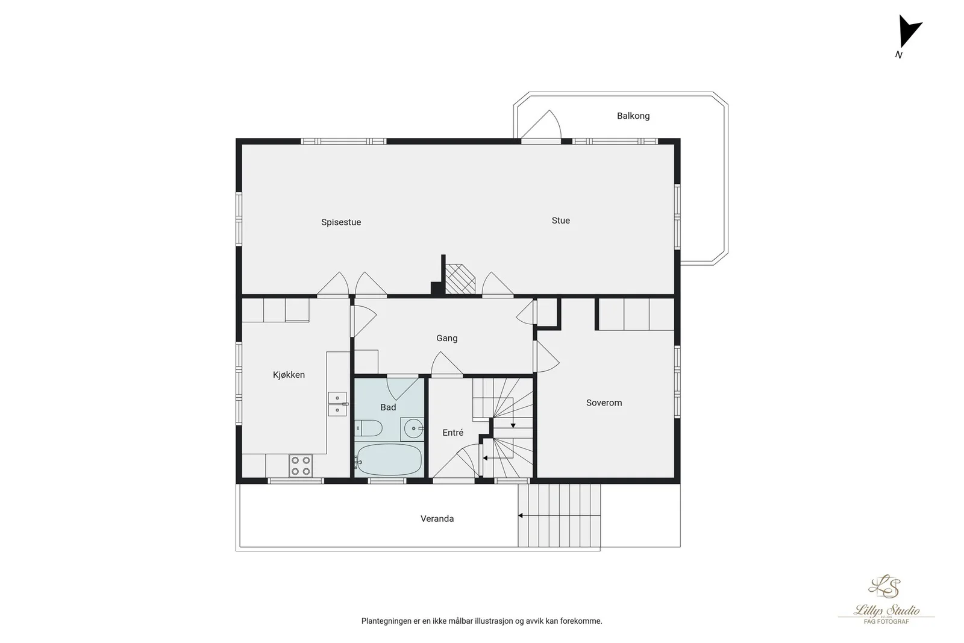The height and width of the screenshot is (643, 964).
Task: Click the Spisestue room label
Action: (341, 222)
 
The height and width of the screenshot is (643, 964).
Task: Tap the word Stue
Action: (561, 221)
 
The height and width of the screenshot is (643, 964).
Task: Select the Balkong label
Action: (633, 116)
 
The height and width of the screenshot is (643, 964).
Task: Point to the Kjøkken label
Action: (289, 375)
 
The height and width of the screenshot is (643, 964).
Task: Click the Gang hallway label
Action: (446, 338)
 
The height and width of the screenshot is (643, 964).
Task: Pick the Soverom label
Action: (604, 403)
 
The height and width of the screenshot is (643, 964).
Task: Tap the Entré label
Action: (452, 433)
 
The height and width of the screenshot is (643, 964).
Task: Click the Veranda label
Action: (437, 519)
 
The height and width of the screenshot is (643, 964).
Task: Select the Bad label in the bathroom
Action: (388, 407)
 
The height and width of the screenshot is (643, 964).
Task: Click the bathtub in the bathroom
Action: (389, 460)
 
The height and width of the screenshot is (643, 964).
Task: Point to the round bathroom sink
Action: (414, 428)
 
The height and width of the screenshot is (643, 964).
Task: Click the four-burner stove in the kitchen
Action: (301, 466)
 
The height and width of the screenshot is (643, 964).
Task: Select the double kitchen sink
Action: (337, 404)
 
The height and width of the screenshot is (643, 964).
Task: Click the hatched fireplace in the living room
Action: (460, 280)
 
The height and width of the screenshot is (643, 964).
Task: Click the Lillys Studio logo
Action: (886, 600)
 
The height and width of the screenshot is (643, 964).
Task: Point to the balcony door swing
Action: (542, 124)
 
